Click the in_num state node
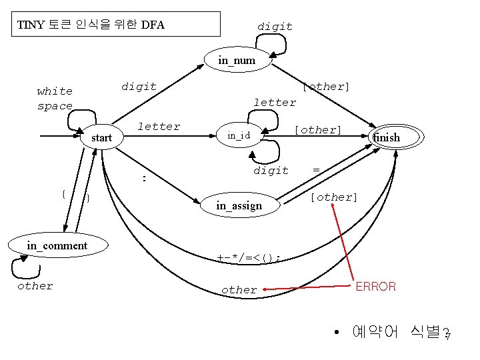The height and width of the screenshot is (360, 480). coord(237,61)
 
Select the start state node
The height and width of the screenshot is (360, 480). coord(101,138)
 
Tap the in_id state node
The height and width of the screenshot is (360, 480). coord(238,136)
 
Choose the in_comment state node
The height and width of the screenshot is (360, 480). coord(57,246)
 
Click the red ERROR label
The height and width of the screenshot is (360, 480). coord(376,287)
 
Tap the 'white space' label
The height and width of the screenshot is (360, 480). coord(55,99)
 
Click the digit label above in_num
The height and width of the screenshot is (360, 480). coord(275,27)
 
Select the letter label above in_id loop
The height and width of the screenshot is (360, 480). coord(275,103)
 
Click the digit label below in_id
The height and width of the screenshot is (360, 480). coord(271,171)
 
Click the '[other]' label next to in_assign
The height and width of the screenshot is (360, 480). coord(334,197)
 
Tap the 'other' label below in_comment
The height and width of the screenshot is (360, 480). coord(35,286)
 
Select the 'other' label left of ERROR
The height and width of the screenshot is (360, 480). coord(239,290)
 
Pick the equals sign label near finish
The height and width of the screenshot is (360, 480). coord(316,171)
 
